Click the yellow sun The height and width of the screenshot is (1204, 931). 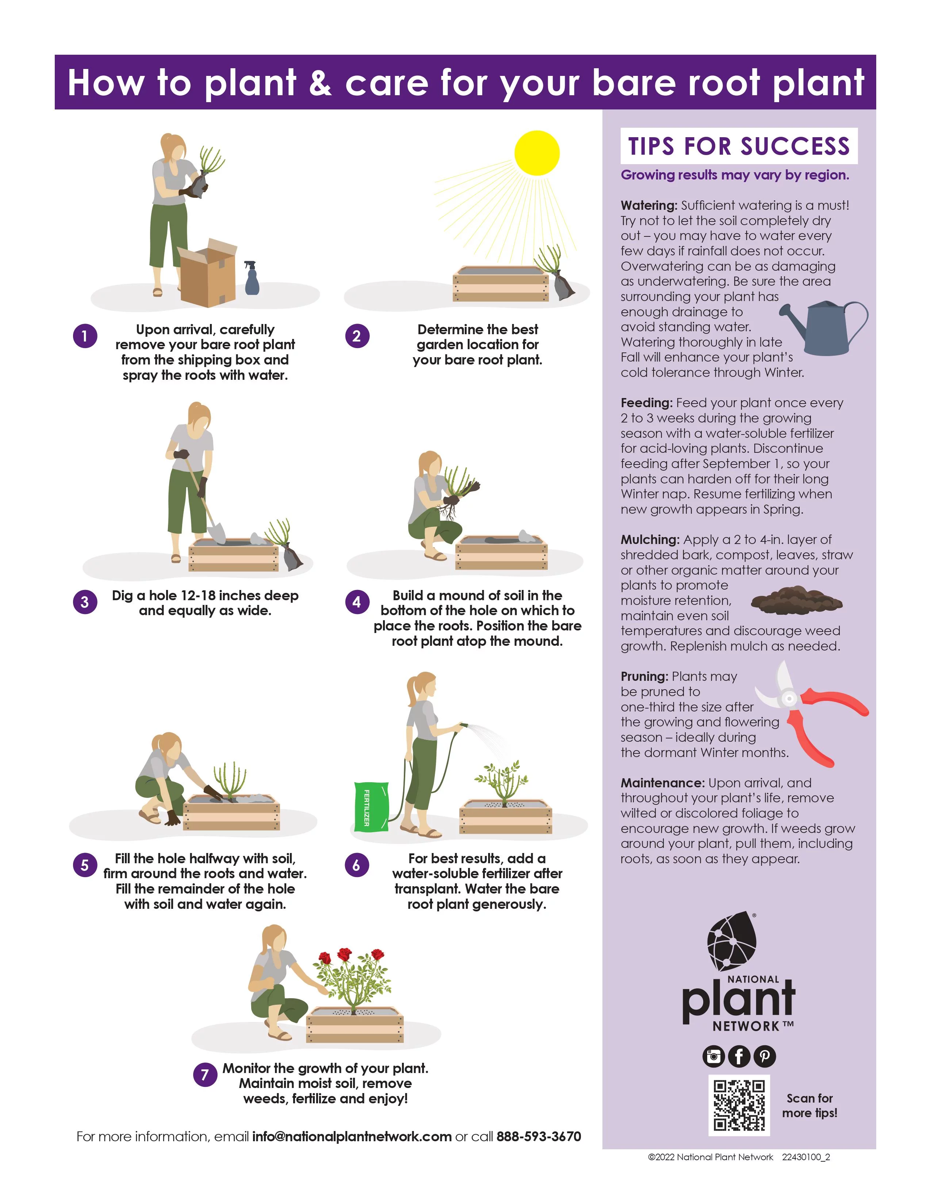(537, 153)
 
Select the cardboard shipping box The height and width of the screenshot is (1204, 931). (207, 272)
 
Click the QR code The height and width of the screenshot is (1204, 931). (739, 1105)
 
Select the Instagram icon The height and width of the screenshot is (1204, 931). (713, 1056)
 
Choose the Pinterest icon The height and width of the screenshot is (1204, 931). (765, 1056)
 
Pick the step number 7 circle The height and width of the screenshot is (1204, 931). (204, 1074)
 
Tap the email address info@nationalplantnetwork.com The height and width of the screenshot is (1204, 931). (352, 1137)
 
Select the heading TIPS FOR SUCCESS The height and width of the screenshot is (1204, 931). (739, 146)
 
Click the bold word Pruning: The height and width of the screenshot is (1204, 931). (644, 676)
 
